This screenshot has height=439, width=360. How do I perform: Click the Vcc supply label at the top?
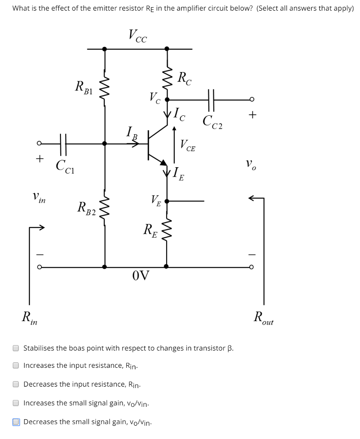138,36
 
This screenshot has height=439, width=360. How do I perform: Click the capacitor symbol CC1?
63,144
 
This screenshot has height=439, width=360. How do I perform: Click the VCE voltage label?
188,146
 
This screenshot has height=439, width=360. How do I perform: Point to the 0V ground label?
141,275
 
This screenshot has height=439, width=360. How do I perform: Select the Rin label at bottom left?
30,319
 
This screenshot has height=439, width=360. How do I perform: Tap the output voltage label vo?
251,164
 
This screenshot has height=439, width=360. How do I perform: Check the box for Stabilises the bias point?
16,348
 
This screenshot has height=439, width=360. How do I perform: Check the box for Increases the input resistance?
16,366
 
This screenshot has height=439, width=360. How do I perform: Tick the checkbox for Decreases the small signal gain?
16,422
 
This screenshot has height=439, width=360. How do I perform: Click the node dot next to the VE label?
167,201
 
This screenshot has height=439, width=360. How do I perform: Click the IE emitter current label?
178,174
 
